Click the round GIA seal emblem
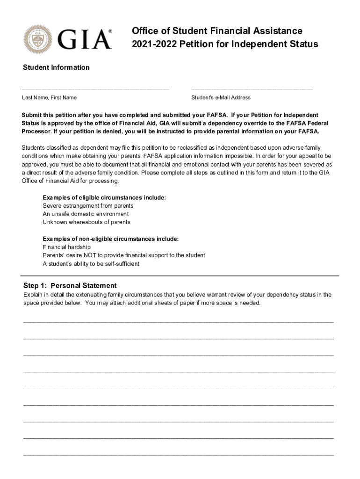39,39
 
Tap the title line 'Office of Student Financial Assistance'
217,31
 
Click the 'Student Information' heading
56,67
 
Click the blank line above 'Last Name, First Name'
95,88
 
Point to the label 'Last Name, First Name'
50,98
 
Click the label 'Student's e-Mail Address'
221,98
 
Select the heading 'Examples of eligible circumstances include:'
104,197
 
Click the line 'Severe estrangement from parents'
88,206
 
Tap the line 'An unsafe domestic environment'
86,214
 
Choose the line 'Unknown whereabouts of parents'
86,222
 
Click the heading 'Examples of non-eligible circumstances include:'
110,239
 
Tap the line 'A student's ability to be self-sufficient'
91,264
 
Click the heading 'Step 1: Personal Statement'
70,286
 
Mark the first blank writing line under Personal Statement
179,322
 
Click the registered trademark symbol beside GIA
110,31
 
